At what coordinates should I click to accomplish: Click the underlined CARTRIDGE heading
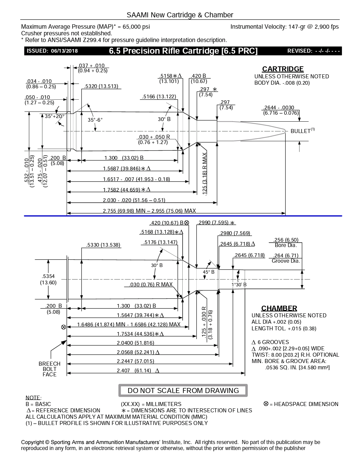point(283,69)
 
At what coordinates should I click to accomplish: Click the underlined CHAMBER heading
point(279,308)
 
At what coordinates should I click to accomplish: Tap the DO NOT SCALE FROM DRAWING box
point(183,390)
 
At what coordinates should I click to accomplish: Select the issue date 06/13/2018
point(65,51)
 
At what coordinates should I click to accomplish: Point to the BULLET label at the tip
point(300,131)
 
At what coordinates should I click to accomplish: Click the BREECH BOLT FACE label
point(49,369)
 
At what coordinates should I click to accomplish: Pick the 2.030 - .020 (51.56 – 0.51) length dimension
point(134,200)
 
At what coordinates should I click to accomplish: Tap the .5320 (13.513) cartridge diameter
point(101,86)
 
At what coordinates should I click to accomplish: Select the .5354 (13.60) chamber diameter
point(48,279)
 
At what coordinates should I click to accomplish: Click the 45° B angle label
point(209,272)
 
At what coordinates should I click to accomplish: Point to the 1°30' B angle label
point(239,285)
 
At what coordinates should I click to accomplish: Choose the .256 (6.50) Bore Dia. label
point(286,242)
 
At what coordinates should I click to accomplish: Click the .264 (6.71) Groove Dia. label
point(286,258)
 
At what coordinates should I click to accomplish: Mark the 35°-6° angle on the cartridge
point(95,120)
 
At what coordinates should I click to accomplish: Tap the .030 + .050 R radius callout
point(154,139)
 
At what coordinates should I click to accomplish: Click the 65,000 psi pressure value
point(136,27)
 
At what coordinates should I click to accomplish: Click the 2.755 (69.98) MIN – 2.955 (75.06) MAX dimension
point(149,211)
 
